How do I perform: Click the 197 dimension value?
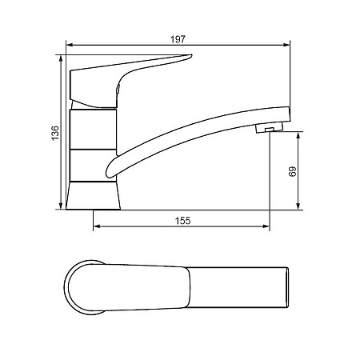178,39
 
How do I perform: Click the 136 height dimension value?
55,133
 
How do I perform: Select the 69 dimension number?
292,171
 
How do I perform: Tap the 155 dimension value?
183,221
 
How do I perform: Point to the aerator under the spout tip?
269,128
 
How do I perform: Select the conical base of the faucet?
93,196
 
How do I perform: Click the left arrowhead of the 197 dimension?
70,45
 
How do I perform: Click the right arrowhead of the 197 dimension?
286,45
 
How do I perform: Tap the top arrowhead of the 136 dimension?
61,59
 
